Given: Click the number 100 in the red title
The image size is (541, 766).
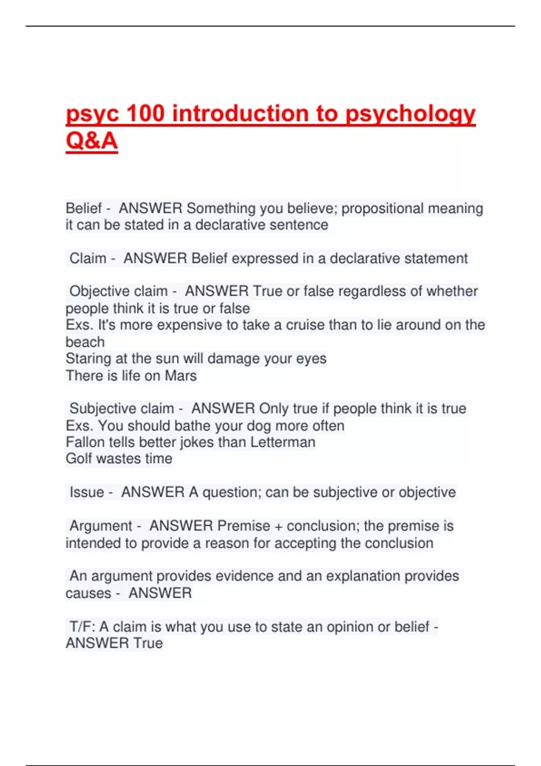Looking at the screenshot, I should pyautogui.click(x=145, y=113).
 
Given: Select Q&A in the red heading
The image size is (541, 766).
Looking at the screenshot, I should pyautogui.click(x=92, y=141).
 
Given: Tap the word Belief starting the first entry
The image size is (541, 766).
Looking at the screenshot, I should pyautogui.click(x=84, y=208).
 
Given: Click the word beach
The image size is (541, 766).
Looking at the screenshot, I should pyautogui.click(x=85, y=342).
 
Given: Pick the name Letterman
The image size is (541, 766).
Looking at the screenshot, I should pyautogui.click(x=283, y=442).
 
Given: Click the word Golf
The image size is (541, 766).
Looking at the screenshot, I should pyautogui.click(x=79, y=459).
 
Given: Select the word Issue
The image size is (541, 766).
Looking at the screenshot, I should pyautogui.click(x=87, y=492).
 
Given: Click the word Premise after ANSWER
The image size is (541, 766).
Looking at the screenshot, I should pyautogui.click(x=243, y=526).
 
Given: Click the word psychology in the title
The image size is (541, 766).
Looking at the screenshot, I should pyautogui.click(x=410, y=114).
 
